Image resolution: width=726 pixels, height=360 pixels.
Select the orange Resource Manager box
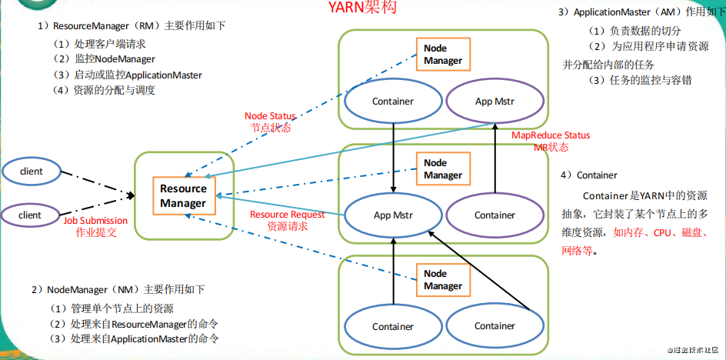tap(184, 195)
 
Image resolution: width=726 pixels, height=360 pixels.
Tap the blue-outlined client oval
tap(31, 172)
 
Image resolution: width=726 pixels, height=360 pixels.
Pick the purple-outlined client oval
tap(31, 215)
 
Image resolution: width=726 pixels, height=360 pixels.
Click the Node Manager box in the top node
tap(443, 55)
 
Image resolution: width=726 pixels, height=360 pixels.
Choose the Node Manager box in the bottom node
tap(443, 279)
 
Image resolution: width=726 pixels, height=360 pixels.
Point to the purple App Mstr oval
tap(495, 102)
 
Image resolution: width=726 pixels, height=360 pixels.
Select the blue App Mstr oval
tap(393, 215)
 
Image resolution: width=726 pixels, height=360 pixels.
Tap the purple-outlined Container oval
tap(495, 215)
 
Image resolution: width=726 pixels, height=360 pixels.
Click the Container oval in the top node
tap(393, 102)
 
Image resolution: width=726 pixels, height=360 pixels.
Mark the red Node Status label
tap(270, 116)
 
